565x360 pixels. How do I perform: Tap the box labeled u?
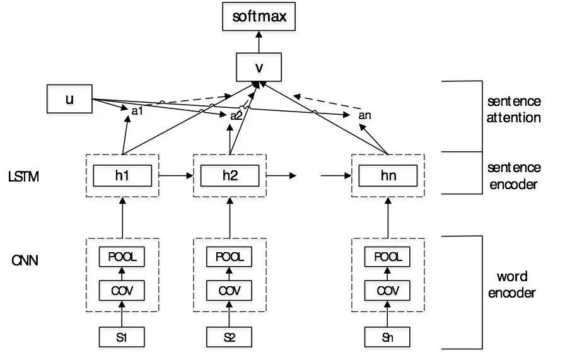tap(69, 100)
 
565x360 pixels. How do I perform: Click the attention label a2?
tap(236, 115)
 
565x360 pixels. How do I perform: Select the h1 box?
tap(122, 175)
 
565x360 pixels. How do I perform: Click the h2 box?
tap(230, 175)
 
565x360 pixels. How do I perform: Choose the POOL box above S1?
tap(122, 257)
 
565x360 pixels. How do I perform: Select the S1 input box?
tap(122, 337)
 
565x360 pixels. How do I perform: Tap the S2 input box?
tap(230, 337)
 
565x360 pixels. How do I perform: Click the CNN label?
tap(25, 259)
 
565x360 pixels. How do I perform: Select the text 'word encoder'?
tap(511, 284)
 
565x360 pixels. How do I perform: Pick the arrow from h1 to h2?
tap(176, 175)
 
